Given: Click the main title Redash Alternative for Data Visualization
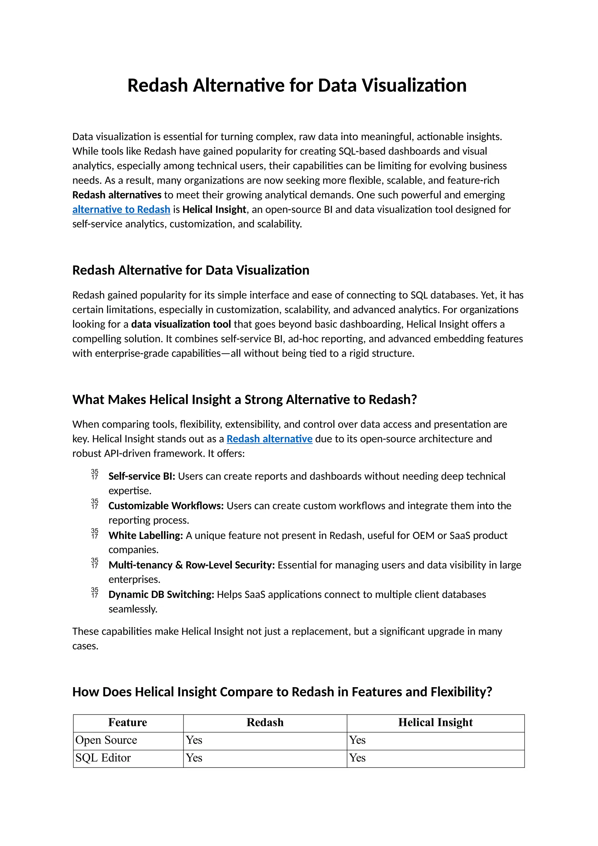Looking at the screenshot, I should point(297,86).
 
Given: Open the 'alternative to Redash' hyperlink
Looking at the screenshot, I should point(121,209).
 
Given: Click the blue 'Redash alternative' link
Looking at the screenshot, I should point(269,439).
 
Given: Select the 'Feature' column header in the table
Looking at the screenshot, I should point(128,722).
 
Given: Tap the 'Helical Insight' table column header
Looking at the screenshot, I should point(435,722).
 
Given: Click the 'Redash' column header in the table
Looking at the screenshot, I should point(265,722).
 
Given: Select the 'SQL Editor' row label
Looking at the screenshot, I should point(103,758).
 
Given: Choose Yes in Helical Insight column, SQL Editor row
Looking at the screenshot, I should point(357,758).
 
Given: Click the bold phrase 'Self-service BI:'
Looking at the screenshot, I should point(142,476).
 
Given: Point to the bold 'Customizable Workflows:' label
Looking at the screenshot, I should point(166,506).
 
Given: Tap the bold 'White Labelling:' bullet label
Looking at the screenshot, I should point(145,535).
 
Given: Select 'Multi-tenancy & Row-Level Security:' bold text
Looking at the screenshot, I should point(192,565).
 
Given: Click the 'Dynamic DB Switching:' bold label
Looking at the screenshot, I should point(161,594).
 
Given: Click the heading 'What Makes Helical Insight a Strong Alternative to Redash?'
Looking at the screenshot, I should point(244,399).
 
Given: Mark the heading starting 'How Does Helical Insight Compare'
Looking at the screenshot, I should point(282,692).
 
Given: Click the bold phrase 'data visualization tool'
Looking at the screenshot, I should point(181,324).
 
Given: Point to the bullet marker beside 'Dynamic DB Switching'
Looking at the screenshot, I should point(95,593).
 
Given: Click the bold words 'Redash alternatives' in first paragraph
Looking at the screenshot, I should point(117,195).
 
